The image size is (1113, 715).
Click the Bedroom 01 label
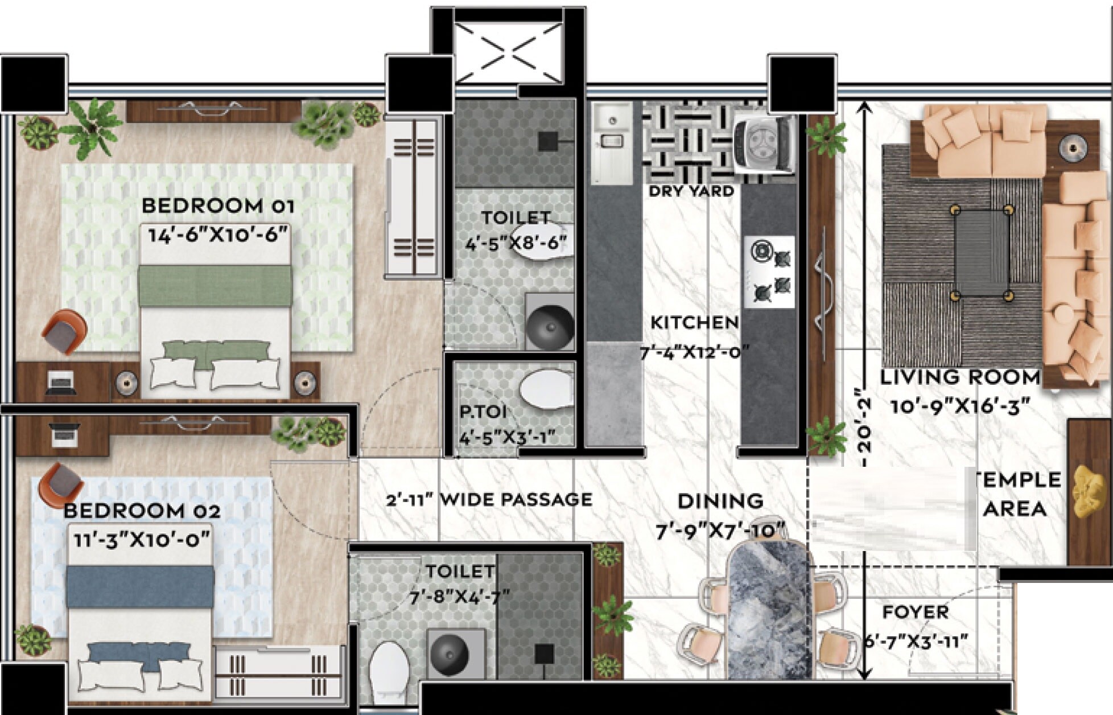(x=217, y=206)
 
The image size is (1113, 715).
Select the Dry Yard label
(x=691, y=191)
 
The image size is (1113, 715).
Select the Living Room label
(x=960, y=377)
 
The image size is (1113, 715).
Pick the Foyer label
(x=916, y=613)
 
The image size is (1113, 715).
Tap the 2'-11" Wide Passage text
(x=489, y=500)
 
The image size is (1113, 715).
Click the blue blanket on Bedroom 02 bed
(x=140, y=586)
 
